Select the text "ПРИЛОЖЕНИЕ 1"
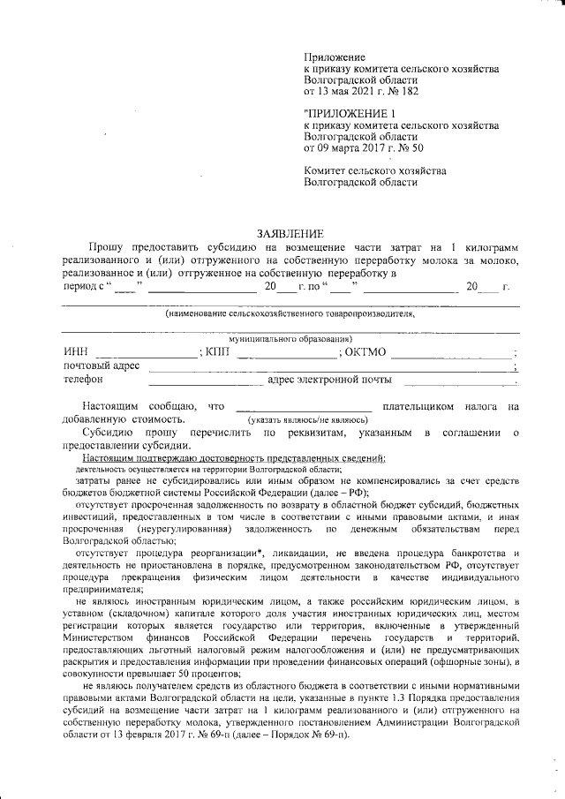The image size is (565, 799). pos(350,114)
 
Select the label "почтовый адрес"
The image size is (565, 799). pos(102,366)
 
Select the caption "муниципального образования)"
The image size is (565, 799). pos(290,338)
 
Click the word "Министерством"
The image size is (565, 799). pos(99,637)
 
